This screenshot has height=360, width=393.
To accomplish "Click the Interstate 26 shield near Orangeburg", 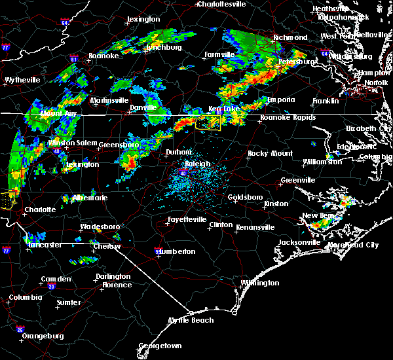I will point(21,329).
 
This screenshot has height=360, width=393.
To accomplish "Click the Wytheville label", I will point(22,80).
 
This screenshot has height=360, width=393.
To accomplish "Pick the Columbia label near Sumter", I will point(25,298).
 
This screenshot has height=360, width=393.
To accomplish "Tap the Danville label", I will point(143,107).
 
